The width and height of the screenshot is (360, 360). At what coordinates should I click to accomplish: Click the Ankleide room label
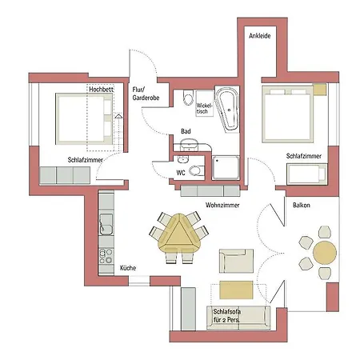coord(260,36)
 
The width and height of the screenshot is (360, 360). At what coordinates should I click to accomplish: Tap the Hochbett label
coord(101,90)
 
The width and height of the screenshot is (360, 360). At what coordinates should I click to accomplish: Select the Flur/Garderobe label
coord(146,94)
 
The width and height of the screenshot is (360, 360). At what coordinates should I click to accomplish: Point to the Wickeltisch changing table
coord(205,103)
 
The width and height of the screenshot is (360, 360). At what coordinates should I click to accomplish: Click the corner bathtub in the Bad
coord(227,109)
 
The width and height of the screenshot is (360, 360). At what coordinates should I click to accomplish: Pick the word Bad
coord(186,131)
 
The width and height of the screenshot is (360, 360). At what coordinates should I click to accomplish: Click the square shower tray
coord(226,168)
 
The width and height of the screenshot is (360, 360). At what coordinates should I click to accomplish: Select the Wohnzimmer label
coord(222,205)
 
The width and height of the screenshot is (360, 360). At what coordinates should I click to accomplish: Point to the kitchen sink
coord(106,224)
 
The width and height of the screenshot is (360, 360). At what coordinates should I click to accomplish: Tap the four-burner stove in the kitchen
coord(106,256)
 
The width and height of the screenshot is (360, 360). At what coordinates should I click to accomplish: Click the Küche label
coord(128,268)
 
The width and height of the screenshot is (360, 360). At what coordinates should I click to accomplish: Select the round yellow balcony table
coord(325,252)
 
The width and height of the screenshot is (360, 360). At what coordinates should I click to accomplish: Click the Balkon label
coord(302,205)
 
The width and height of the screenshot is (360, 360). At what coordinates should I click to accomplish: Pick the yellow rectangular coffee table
coord(236,290)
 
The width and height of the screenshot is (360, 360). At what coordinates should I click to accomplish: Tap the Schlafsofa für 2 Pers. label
coord(226,315)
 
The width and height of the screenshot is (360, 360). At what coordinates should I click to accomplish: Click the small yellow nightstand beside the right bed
coord(320,90)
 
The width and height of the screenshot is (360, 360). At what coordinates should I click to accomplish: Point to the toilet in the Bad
coord(188,98)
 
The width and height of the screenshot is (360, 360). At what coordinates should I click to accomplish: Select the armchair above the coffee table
coord(236,261)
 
